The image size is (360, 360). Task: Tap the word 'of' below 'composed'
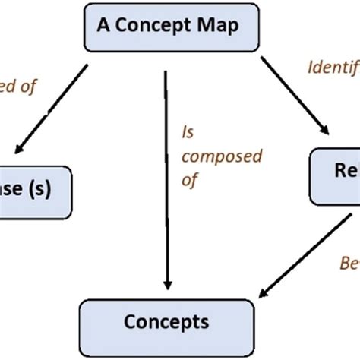click(190, 181)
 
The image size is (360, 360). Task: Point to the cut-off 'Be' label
click(349, 264)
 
